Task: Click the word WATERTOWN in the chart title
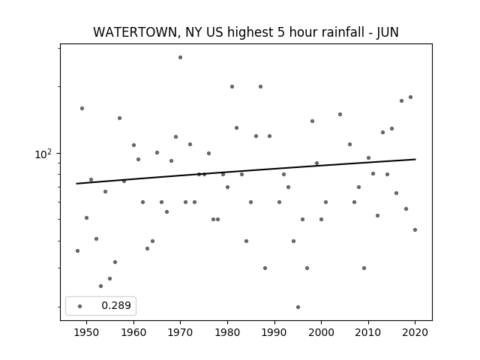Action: click(x=135, y=32)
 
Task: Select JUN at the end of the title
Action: click(x=388, y=32)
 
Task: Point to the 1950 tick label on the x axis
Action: click(x=87, y=332)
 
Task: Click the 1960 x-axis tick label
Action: click(x=133, y=332)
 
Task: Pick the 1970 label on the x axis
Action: click(x=180, y=332)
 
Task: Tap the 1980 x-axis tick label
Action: click(x=227, y=332)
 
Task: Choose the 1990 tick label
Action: click(x=274, y=332)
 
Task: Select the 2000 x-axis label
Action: click(x=322, y=332)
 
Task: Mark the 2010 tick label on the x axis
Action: click(x=368, y=332)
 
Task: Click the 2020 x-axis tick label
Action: click(x=415, y=332)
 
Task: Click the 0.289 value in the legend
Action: click(x=116, y=305)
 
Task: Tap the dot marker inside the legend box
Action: click(x=80, y=306)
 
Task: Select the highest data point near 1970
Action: click(x=180, y=57)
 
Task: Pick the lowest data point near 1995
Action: click(x=298, y=307)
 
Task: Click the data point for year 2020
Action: click(x=415, y=230)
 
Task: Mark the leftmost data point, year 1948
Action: click(x=77, y=251)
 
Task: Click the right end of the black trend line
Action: click(x=415, y=159)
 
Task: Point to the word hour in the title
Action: click(x=298, y=32)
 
